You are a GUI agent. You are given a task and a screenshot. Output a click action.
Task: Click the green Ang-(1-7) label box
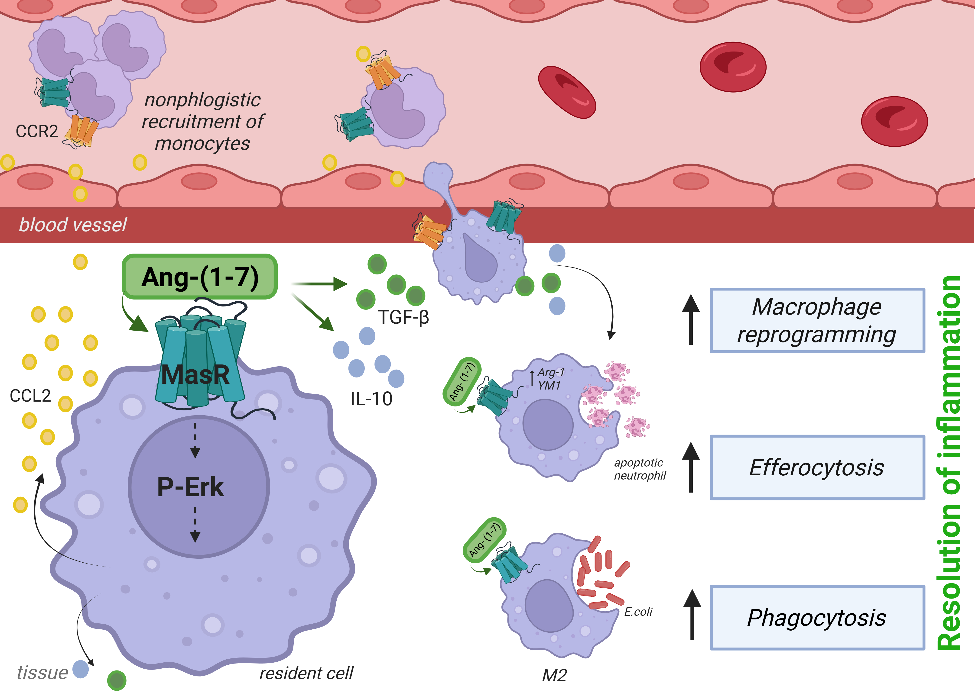pos(200,277)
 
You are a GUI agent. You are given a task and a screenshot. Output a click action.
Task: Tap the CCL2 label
pos(30,396)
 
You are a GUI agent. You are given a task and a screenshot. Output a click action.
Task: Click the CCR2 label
pos(37,131)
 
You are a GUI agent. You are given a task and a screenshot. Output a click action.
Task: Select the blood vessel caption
pos(73,225)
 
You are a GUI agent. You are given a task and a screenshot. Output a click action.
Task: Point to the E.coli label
pos(638,612)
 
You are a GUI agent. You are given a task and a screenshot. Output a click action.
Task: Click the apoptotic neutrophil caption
pos(640,469)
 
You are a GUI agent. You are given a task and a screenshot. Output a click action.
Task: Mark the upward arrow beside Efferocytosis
pos(691,467)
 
